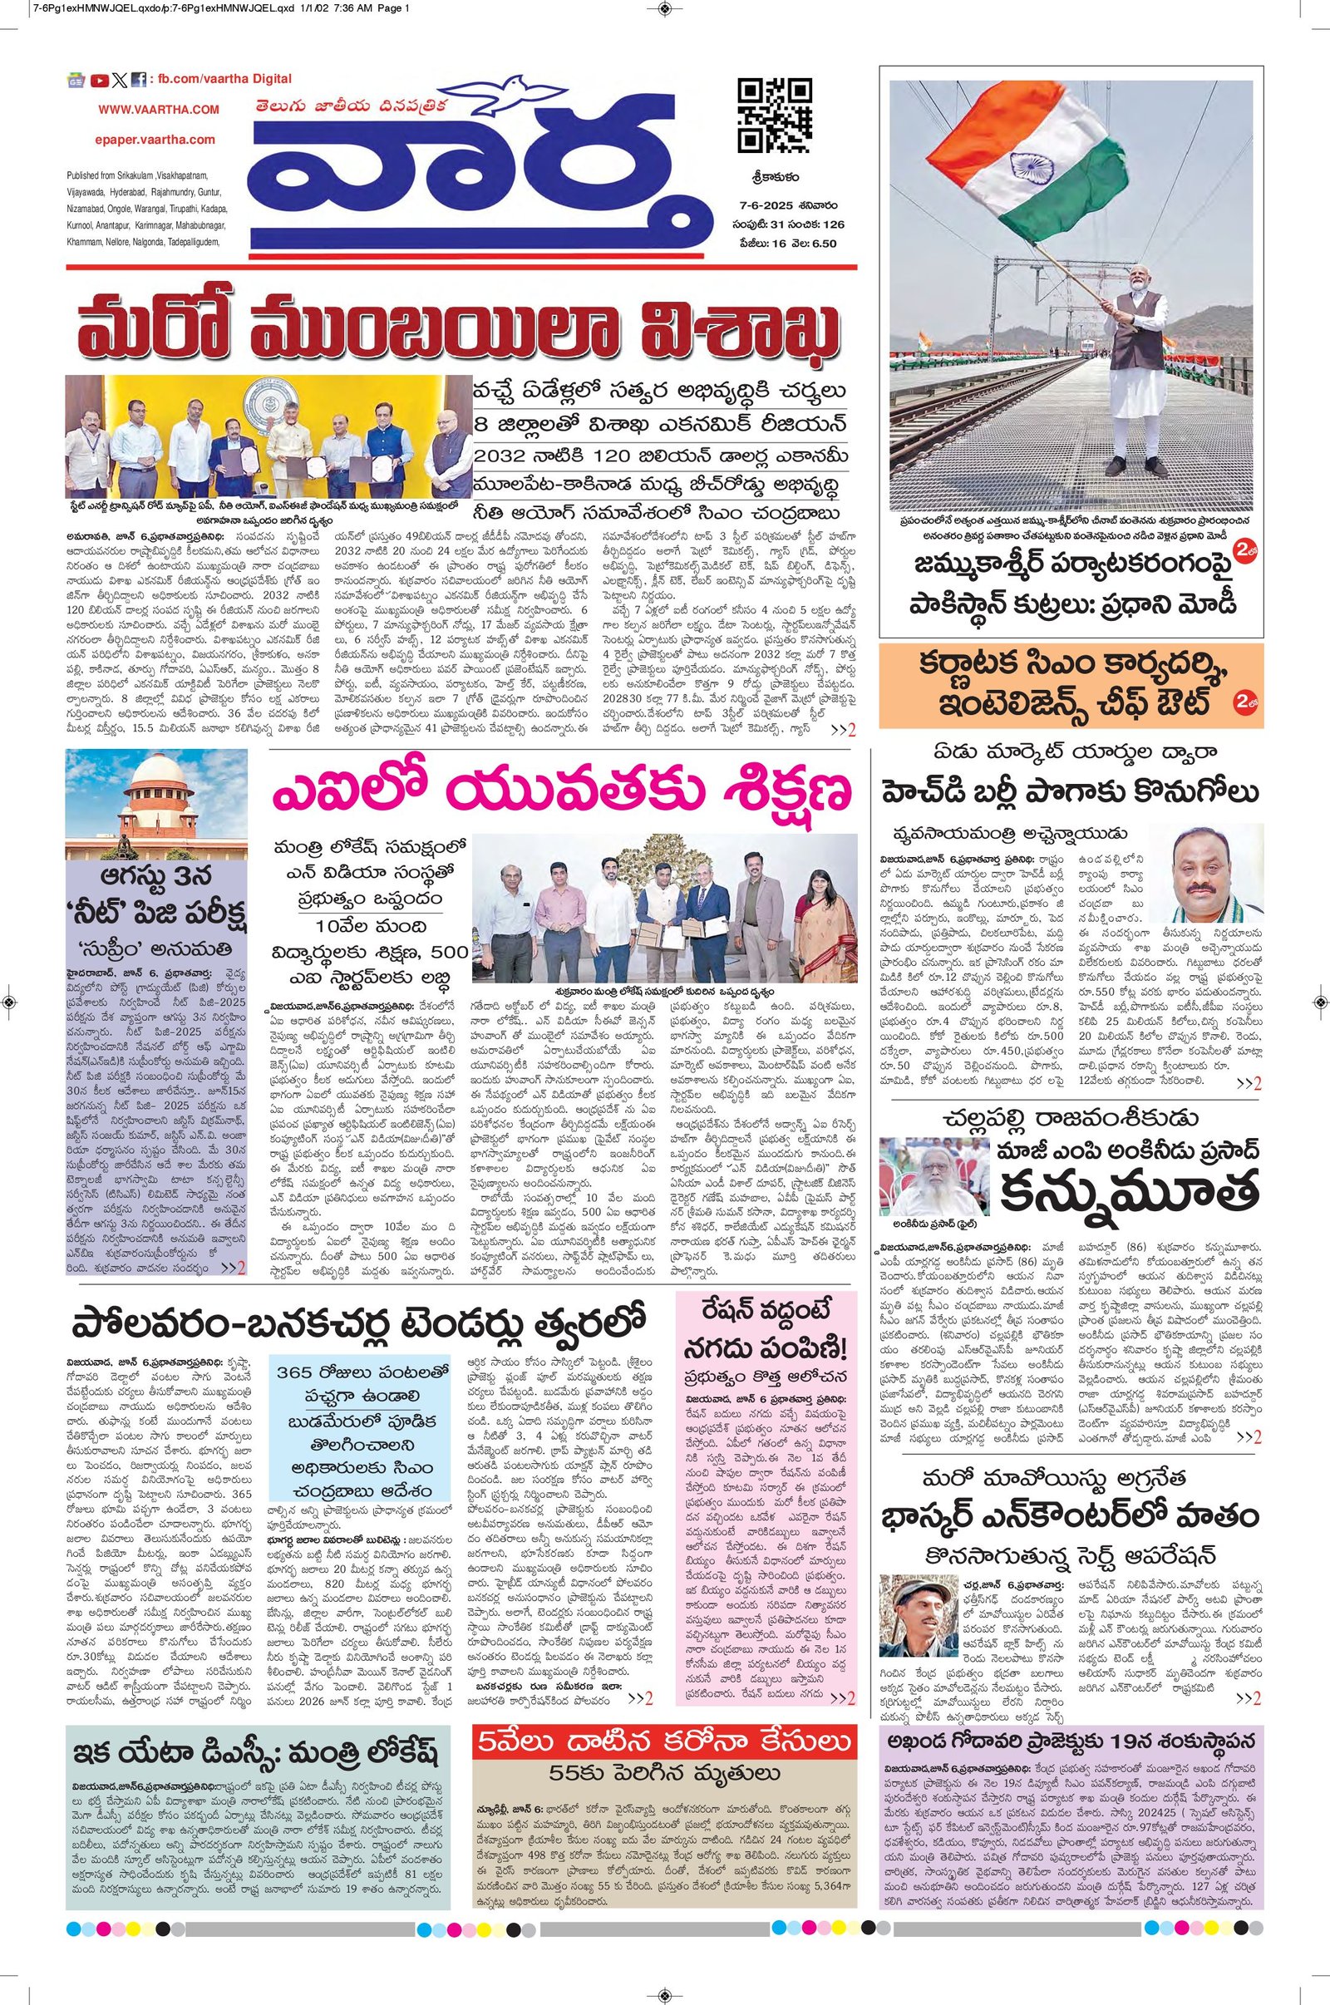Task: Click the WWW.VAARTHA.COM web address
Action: click(159, 110)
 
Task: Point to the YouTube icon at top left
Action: click(99, 81)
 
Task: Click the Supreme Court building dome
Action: click(156, 781)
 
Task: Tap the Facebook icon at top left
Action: click(138, 80)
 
